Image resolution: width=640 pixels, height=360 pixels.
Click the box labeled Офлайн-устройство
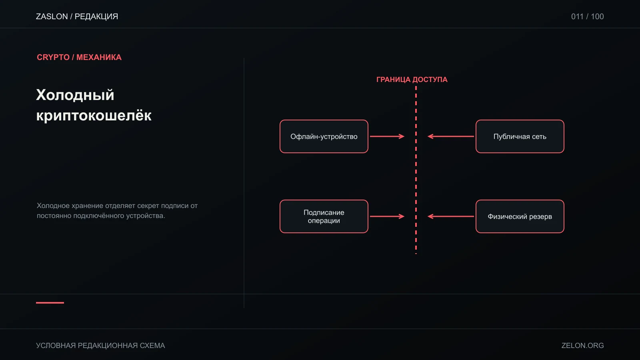tap(324, 136)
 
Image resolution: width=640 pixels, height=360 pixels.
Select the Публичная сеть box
tap(520, 136)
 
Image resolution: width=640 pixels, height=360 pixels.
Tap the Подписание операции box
tap(324, 216)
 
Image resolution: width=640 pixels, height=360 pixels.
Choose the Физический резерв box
tap(520, 216)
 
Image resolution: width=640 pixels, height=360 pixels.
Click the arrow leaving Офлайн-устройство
tap(387, 136)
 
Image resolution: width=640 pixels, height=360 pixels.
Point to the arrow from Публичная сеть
tap(450, 136)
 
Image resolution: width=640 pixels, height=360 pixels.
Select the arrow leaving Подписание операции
tap(387, 216)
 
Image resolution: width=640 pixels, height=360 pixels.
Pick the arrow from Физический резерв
tap(450, 216)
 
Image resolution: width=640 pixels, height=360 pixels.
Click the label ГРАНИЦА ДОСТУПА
tap(412, 80)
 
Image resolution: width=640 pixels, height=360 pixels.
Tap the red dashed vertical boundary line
tap(416, 170)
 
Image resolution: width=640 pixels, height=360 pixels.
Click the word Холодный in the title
tap(75, 95)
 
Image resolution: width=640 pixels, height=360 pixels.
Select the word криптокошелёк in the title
tap(94, 116)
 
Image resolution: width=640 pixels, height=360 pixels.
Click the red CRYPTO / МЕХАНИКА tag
tap(79, 57)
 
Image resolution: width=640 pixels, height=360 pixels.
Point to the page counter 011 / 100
tap(588, 16)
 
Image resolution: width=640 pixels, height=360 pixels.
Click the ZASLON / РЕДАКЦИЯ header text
tap(77, 16)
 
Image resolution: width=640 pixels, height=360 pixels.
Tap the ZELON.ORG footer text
tap(582, 346)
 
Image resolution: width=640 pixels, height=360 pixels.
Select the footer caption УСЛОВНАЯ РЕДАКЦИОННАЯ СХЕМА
tap(100, 346)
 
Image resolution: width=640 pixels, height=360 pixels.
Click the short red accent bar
tap(50, 302)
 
